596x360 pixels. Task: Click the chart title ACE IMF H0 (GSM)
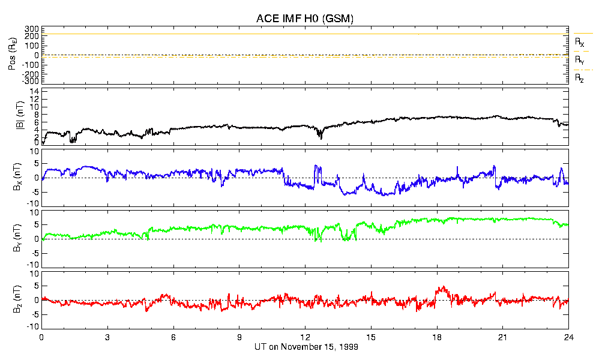pos(305,19)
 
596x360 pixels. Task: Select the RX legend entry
pos(580,43)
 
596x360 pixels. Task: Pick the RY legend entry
pos(580,61)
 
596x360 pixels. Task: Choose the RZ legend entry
pos(580,79)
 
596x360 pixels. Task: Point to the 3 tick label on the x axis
pos(107,337)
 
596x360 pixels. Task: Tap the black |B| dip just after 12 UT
pos(321,138)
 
